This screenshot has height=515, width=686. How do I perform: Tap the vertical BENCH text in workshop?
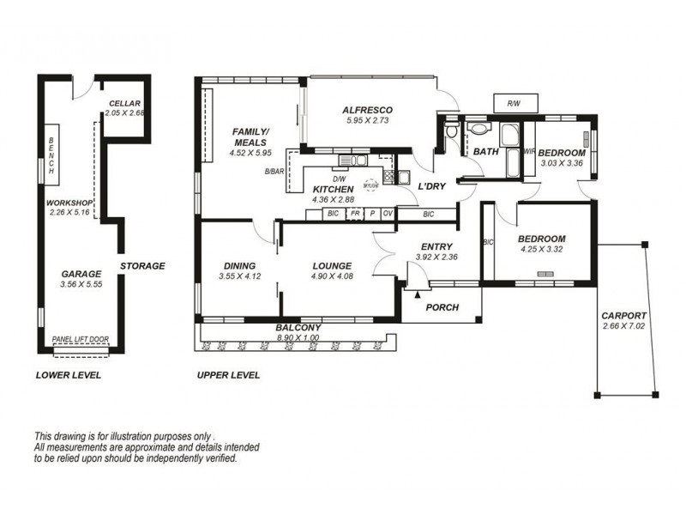point(51,156)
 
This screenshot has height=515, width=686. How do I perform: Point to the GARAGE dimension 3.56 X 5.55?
point(81,284)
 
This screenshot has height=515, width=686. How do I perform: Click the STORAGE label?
point(141,266)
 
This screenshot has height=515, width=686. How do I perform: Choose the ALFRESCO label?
point(367,110)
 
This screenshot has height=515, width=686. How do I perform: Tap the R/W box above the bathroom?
point(514,104)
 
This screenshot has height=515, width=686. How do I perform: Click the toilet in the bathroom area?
point(454,130)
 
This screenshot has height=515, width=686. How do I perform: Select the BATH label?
point(485,152)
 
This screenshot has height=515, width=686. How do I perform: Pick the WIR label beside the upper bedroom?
point(529,152)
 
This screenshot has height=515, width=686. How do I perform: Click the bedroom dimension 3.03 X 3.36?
point(561,163)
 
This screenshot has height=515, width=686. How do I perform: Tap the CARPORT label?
point(623,315)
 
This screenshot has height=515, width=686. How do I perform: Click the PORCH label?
point(442,307)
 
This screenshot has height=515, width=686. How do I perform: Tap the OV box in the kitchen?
point(387,213)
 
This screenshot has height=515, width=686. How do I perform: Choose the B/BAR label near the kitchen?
point(275,172)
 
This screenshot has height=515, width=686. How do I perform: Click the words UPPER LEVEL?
point(228,375)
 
